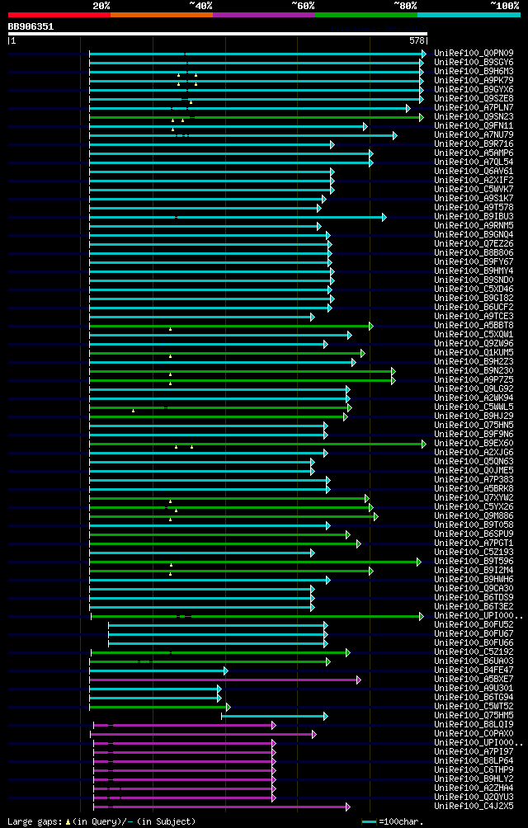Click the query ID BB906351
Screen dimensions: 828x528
(x=31, y=26)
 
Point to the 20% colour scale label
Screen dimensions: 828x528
(x=101, y=5)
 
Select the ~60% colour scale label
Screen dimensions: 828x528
(x=303, y=5)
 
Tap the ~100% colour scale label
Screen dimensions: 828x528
(x=504, y=5)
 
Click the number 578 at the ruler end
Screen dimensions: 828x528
(x=417, y=40)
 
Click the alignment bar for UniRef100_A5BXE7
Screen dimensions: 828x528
(x=223, y=680)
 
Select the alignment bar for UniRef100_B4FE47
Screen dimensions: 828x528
(x=157, y=670)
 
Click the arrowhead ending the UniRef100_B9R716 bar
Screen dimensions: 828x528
(x=332, y=144)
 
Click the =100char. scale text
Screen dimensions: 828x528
(x=402, y=821)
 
